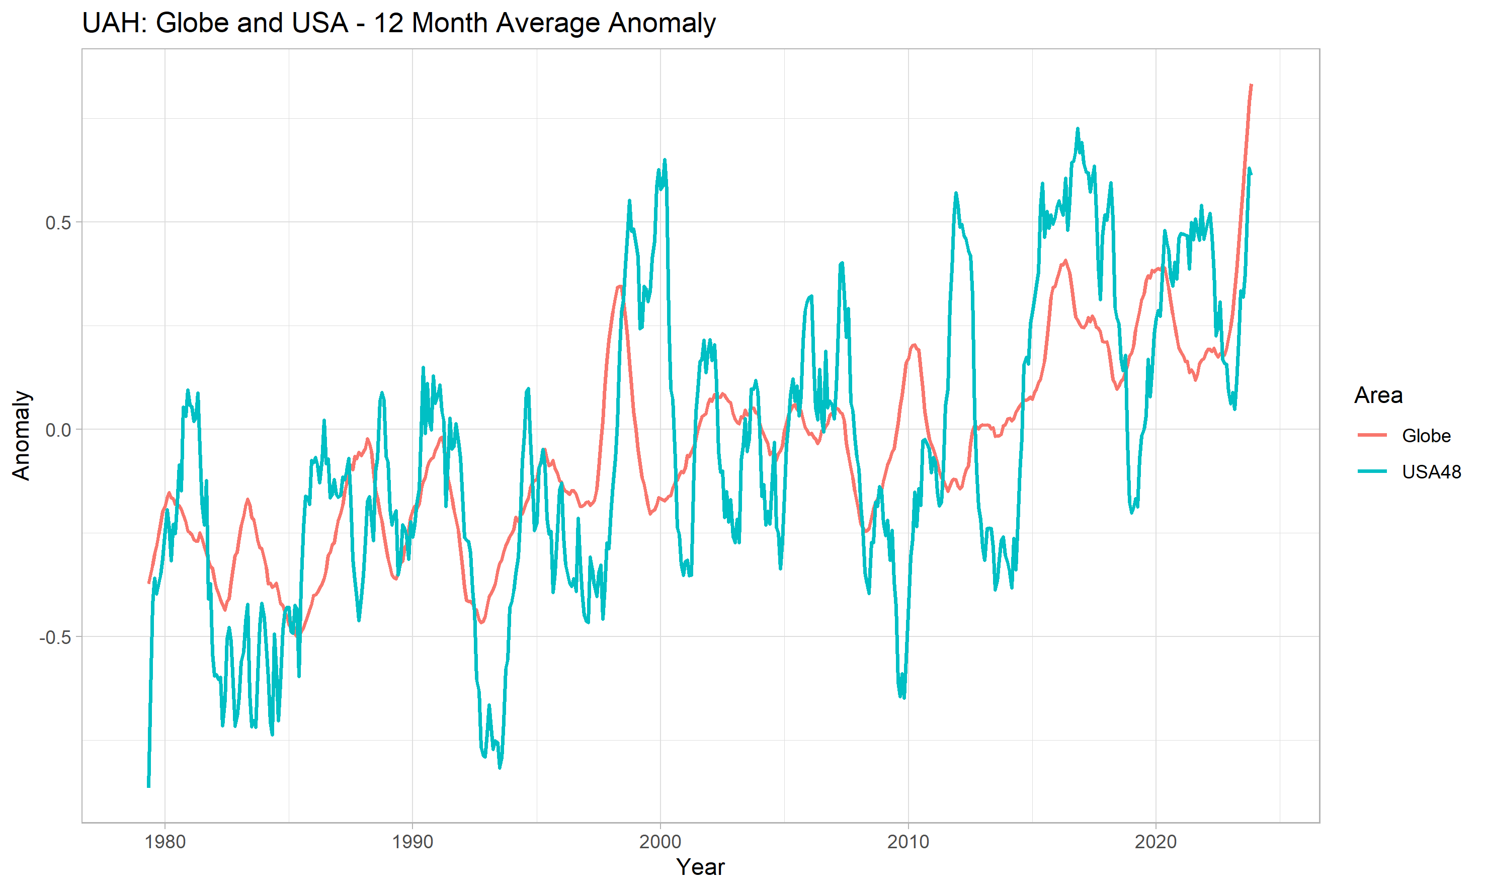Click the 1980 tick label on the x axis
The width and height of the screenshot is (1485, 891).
[165, 842]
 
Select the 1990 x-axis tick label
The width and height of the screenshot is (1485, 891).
[412, 842]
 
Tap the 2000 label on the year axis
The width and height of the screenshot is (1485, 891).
[661, 842]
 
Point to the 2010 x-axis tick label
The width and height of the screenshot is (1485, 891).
[908, 842]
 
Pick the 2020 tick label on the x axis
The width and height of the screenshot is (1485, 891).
[1156, 842]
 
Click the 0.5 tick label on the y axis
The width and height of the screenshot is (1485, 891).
[58, 223]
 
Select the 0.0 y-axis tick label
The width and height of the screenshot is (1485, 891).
[58, 430]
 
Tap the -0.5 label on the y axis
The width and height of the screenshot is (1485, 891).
[55, 637]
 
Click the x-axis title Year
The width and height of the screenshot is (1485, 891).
[700, 867]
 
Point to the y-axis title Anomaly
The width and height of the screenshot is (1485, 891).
[21, 435]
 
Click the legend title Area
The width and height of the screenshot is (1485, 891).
[1378, 395]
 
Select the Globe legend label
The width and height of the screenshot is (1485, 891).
[1426, 435]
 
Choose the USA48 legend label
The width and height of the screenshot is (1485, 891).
[1431, 472]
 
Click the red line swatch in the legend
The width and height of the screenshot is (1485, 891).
[1372, 435]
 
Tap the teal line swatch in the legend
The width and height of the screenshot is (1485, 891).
[1372, 471]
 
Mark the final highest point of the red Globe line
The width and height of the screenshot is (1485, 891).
[1252, 85]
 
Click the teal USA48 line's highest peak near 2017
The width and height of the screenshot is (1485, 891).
[1078, 128]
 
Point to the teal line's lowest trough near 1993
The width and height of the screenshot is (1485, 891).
[500, 767]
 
